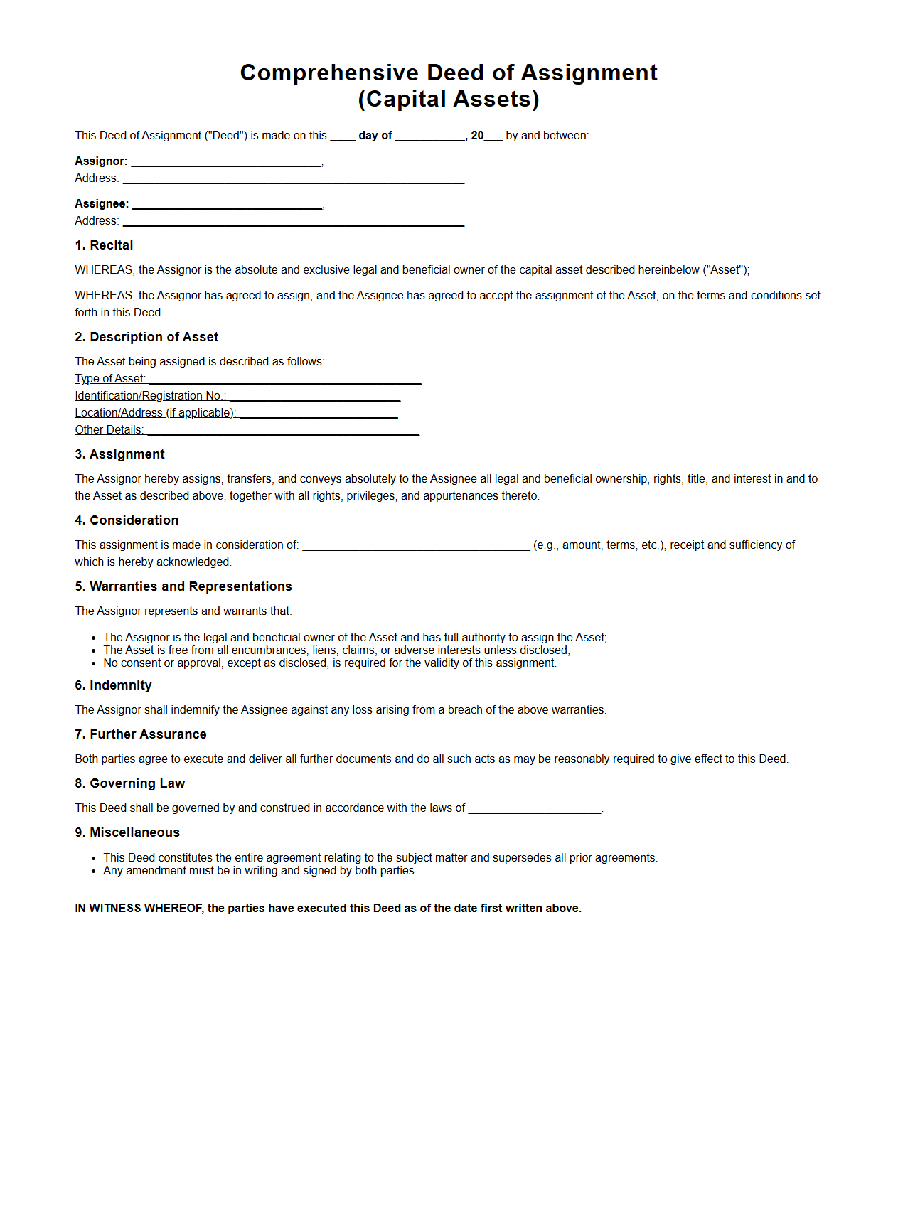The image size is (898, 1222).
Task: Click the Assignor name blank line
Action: click(226, 164)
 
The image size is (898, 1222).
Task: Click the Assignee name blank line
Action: click(228, 206)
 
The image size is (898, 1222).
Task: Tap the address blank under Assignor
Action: click(293, 181)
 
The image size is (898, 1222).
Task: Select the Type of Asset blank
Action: click(284, 381)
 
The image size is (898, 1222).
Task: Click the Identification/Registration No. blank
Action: click(315, 398)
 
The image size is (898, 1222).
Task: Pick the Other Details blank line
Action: click(283, 432)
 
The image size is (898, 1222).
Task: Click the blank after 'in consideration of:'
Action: click(416, 547)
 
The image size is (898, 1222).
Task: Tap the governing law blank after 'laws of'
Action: click(535, 810)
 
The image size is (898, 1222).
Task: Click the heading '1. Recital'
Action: click(104, 245)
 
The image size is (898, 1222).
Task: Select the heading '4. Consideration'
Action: click(127, 520)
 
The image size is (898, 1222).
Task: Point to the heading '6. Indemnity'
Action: click(113, 685)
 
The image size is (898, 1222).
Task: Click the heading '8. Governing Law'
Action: click(129, 783)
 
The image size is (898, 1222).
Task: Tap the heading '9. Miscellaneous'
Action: click(127, 832)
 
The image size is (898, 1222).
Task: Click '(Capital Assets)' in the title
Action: click(449, 99)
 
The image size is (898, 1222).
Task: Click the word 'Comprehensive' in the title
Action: click(329, 73)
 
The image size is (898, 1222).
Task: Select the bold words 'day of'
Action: click(375, 136)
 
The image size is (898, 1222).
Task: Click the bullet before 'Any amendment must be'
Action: click(94, 872)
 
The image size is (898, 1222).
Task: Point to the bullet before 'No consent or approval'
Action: click(94, 664)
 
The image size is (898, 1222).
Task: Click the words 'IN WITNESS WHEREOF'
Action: click(139, 909)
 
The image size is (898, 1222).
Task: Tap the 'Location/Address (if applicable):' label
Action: click(156, 413)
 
